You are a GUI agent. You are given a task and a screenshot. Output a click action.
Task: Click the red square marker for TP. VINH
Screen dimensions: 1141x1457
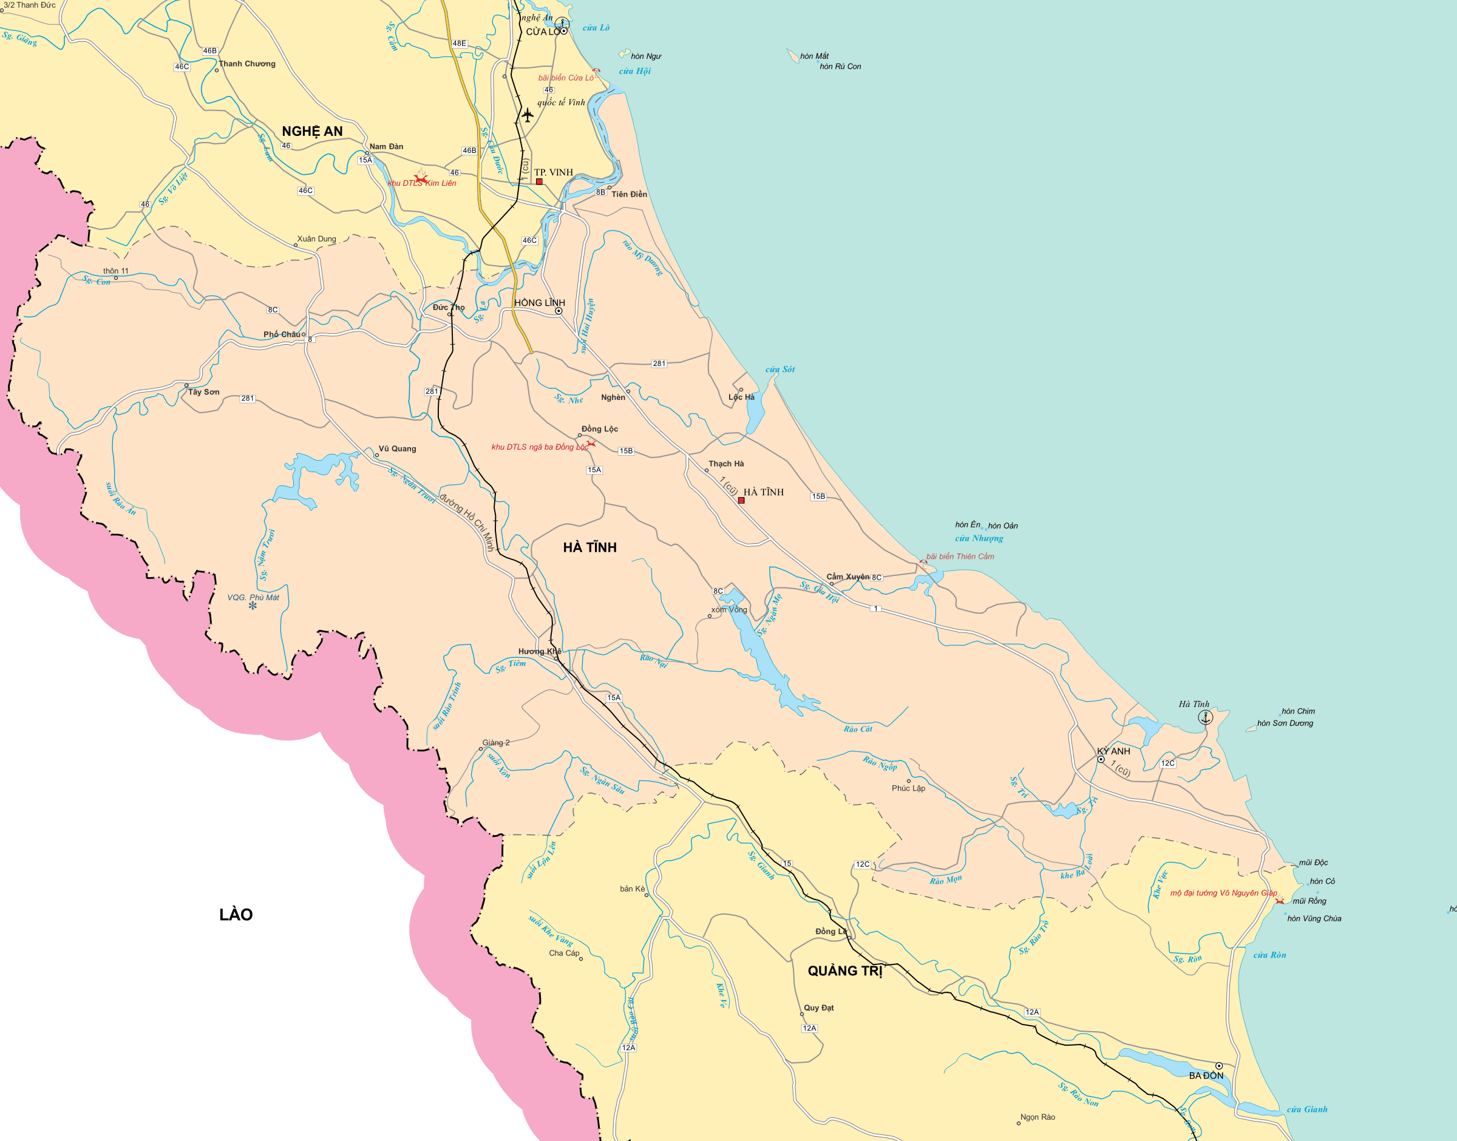pos(539,181)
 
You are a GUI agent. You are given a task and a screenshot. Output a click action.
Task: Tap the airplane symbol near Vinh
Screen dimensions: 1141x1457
pos(528,115)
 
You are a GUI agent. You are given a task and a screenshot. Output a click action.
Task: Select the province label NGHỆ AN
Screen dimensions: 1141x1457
pos(312,132)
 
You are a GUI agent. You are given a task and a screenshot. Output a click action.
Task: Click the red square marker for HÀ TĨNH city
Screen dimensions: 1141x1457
pos(741,500)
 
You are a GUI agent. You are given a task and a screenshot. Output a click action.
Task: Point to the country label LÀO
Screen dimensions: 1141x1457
pos(236,915)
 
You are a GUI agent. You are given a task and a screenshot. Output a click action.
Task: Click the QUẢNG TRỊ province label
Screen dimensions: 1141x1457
pos(845,971)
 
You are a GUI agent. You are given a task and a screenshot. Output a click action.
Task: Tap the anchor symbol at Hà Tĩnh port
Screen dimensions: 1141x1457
pos(1205,717)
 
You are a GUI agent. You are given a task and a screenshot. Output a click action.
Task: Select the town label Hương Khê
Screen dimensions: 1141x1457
pos(539,651)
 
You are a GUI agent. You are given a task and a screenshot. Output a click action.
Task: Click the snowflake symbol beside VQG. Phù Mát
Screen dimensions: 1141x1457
pos(253,606)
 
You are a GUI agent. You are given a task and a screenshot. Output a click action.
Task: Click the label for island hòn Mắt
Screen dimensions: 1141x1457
pos(813,56)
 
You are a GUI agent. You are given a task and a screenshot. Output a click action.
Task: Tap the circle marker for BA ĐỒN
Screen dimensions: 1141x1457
pos(1218,1066)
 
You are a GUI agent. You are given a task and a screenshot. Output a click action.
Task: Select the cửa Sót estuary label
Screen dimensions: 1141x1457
pos(779,370)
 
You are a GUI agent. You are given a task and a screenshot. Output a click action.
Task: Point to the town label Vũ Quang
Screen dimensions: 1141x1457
pos(397,449)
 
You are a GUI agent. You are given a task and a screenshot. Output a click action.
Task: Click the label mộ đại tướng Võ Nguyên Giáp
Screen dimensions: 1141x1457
pos(1223,893)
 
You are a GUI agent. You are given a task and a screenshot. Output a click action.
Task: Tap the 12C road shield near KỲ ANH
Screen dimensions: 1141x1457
pos(1167,763)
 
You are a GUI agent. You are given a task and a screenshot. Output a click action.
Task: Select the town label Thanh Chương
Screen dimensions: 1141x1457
pos(246,64)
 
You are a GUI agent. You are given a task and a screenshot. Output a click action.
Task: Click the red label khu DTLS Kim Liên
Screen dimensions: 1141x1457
pos(422,183)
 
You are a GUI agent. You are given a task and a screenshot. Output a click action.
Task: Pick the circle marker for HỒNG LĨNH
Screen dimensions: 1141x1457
pos(559,311)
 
